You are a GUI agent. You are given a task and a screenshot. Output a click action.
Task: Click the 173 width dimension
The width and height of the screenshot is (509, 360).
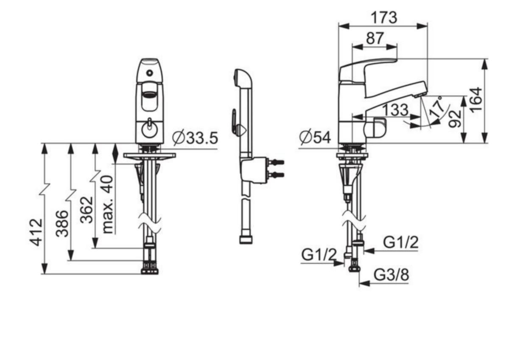(384, 18)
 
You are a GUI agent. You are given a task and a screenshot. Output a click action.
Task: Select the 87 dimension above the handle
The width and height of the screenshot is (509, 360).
(375, 38)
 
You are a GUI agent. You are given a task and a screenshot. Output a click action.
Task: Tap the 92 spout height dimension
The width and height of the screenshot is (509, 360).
(455, 119)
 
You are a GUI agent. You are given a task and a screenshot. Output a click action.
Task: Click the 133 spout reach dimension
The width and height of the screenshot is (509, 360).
(396, 110)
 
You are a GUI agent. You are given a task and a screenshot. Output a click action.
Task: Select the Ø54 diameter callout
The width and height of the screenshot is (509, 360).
(315, 138)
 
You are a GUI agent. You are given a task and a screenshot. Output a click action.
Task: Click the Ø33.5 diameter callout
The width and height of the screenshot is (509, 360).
(195, 138)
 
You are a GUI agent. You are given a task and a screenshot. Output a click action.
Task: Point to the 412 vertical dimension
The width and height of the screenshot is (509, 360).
(36, 232)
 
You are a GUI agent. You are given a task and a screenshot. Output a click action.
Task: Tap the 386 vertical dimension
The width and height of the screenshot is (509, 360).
(62, 224)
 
